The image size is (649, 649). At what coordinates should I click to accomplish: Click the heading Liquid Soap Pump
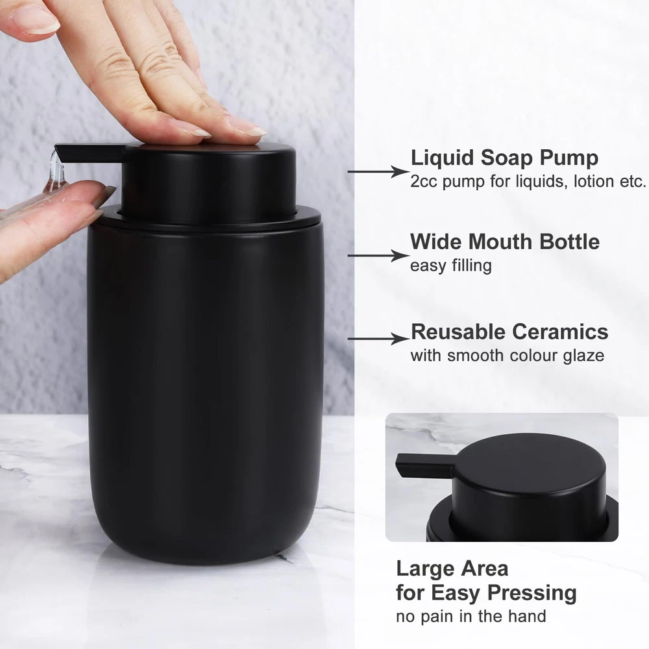(504, 158)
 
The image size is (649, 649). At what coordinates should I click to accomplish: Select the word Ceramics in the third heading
(560, 332)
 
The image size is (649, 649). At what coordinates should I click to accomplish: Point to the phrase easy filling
(451, 265)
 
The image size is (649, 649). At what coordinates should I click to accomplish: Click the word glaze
(583, 356)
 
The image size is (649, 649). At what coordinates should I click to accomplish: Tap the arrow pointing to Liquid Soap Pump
(378, 171)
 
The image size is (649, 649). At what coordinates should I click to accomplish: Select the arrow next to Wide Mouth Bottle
(378, 256)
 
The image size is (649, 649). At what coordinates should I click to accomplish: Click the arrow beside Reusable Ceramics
(378, 339)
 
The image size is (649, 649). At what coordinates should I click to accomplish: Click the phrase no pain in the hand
(471, 617)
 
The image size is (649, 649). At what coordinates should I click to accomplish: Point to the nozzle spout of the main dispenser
(90, 153)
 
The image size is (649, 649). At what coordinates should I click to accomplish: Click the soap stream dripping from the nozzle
(54, 174)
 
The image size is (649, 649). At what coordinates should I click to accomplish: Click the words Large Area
(452, 569)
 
